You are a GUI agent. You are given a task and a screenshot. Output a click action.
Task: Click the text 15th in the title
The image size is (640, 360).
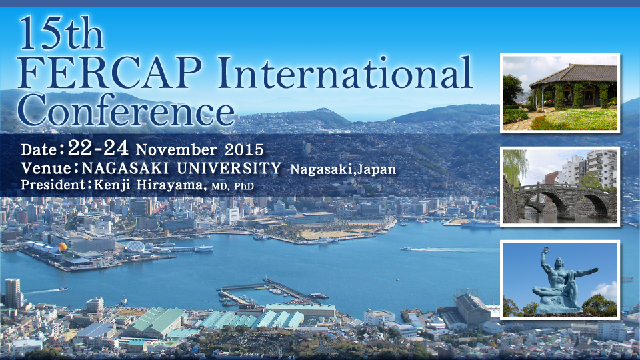61,33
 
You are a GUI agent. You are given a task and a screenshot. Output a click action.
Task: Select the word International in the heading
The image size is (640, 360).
345,73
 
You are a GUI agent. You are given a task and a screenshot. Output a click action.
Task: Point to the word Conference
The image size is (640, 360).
126,110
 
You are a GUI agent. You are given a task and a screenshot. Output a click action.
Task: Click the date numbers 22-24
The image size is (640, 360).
98,148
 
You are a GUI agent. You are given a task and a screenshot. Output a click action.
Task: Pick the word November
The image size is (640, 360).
176,150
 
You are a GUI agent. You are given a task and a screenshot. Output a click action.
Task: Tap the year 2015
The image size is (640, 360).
244,150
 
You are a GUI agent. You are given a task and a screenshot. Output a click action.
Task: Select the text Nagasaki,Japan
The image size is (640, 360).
343,169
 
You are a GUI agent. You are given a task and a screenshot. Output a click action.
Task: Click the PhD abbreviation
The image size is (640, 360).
244,187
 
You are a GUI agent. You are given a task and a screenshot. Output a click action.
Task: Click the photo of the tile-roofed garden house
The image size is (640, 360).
560,93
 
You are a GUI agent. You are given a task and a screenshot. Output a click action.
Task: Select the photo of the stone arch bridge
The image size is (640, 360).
560,186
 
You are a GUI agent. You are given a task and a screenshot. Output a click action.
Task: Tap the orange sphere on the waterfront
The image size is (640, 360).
62,247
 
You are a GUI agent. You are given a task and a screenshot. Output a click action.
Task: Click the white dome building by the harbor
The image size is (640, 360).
135,247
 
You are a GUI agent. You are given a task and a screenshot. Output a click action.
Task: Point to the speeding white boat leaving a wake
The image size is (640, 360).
406,248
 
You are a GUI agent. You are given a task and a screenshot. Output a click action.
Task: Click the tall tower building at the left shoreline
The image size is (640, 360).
13,293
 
